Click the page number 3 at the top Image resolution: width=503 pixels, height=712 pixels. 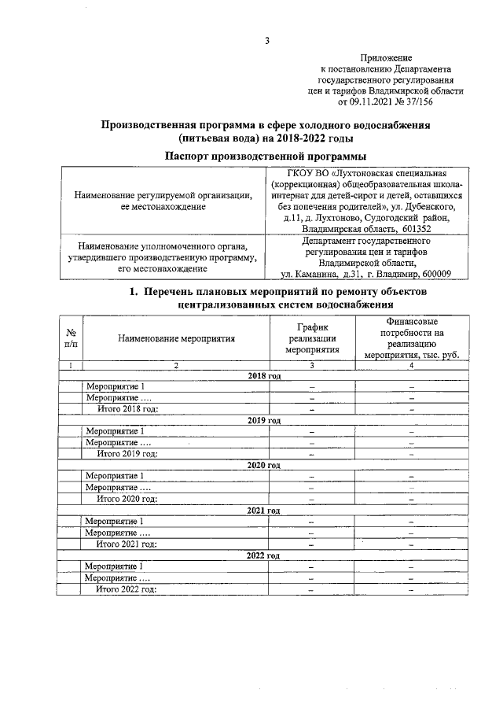click(x=266, y=42)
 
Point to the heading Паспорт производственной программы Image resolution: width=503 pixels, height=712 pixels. click(x=266, y=156)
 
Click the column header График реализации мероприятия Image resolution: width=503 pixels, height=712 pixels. click(x=312, y=338)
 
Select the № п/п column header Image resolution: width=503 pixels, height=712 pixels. click(x=71, y=338)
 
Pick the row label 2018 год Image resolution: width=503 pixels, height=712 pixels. click(x=263, y=376)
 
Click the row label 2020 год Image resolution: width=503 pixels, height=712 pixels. click(x=263, y=465)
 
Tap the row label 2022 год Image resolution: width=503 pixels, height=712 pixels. click(x=263, y=555)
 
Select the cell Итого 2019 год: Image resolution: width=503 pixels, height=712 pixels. click(x=127, y=453)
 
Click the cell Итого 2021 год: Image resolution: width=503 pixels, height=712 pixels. click(x=127, y=544)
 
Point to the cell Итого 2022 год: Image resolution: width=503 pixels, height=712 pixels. click(x=127, y=589)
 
